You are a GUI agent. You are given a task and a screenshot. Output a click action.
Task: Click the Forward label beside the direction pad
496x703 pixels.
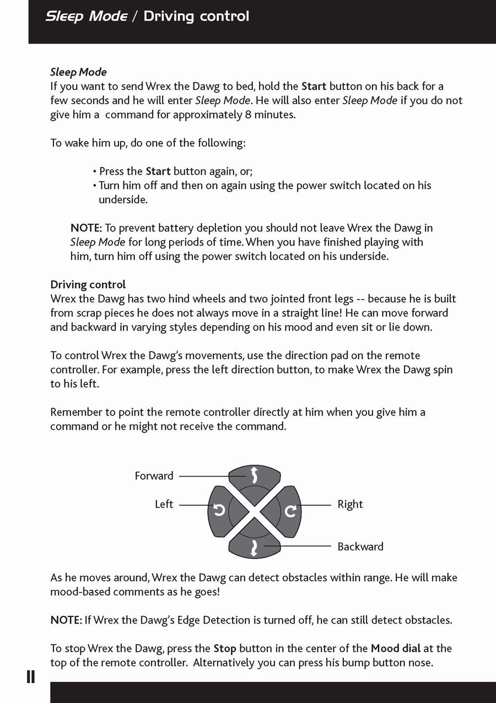click(154, 475)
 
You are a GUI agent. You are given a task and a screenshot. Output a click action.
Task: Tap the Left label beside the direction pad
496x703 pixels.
click(164, 504)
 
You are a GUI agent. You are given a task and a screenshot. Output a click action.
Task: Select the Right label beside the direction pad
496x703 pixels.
click(350, 504)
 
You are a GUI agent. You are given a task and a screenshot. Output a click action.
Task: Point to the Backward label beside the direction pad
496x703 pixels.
click(360, 547)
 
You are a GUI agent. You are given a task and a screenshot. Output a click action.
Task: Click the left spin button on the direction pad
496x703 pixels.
click(219, 511)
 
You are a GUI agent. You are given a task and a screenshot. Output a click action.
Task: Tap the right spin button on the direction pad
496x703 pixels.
click(290, 511)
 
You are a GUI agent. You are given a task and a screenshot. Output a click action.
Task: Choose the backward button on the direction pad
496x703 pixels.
click(254, 547)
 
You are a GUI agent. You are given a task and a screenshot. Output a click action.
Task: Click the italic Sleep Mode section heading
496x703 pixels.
click(78, 72)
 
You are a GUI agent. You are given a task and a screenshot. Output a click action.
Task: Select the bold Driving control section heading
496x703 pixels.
click(88, 284)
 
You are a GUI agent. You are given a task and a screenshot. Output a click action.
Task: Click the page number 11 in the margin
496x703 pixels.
click(31, 677)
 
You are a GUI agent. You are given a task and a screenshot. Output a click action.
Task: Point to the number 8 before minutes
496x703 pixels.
click(247, 115)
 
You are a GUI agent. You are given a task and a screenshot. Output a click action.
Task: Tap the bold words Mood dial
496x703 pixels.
click(395, 648)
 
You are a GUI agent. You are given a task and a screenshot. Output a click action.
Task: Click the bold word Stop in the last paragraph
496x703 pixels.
click(225, 648)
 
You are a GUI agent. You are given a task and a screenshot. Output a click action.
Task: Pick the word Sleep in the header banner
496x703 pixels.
click(65, 17)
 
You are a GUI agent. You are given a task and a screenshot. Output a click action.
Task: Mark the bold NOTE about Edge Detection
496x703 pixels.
click(66, 620)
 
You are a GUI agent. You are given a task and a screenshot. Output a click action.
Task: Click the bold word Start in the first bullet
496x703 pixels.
click(158, 171)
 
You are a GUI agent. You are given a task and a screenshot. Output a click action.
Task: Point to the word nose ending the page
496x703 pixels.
click(420, 663)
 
